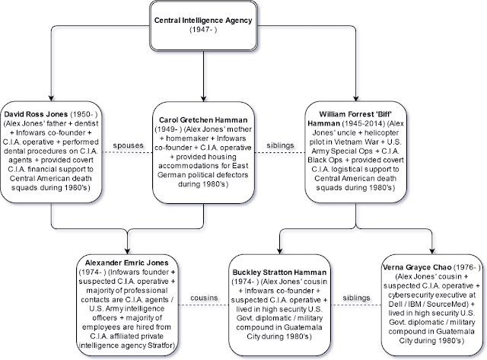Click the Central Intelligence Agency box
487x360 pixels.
point(203,26)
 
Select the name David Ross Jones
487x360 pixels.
point(36,114)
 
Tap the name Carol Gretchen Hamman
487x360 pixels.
point(203,120)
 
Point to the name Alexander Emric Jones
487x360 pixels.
point(127,263)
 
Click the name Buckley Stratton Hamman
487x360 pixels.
point(279,272)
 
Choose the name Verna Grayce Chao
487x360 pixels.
point(417,267)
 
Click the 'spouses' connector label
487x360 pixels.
point(128,145)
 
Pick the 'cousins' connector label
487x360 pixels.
point(204,298)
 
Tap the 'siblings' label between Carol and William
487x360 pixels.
point(280,145)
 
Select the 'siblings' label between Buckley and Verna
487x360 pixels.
point(356,298)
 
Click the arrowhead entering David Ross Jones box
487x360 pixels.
point(51,98)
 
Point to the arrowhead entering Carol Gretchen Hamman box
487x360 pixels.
point(203,98)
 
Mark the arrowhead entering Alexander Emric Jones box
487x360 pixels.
point(127,250)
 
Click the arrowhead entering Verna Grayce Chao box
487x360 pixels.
point(432,250)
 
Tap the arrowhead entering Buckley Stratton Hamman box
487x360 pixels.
point(279,250)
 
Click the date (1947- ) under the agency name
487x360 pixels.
point(203,30)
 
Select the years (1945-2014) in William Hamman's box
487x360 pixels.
point(364,123)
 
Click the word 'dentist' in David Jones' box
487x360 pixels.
point(88,123)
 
